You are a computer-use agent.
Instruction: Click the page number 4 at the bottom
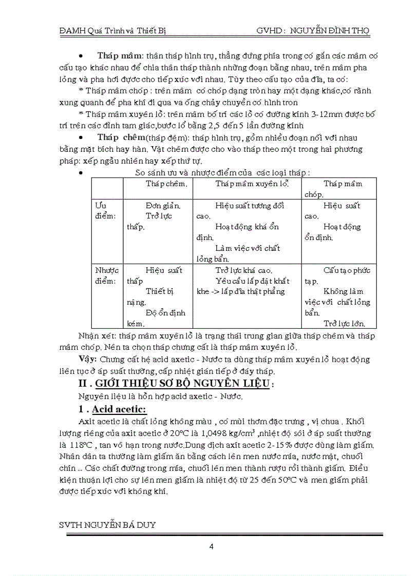[211, 546]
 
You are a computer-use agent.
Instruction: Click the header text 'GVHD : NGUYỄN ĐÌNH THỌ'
[312, 31]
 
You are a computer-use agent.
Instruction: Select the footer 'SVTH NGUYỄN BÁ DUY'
[108, 525]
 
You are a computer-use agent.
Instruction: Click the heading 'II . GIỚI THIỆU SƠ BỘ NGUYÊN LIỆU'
[179, 385]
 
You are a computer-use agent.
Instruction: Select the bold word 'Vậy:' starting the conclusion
[88, 359]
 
